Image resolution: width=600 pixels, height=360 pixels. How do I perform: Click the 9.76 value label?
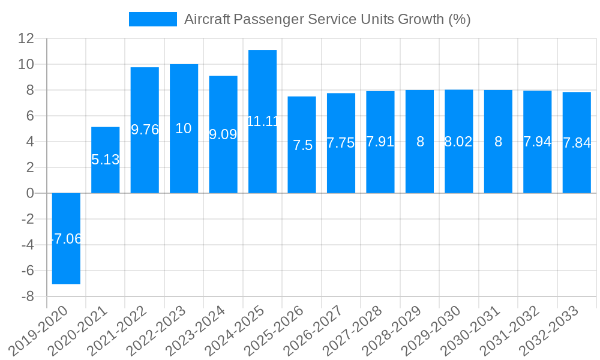click(x=145, y=130)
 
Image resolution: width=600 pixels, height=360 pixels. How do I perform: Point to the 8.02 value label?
click(x=458, y=142)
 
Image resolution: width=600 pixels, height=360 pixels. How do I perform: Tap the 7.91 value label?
click(x=380, y=142)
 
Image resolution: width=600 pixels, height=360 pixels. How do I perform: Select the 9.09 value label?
click(x=223, y=134)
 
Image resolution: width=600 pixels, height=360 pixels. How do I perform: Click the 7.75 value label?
click(x=341, y=143)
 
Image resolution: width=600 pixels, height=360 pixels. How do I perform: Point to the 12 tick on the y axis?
click(x=26, y=38)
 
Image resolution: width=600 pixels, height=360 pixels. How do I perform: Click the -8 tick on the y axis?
click(x=28, y=296)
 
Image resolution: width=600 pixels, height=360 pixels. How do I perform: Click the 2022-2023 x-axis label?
click(x=163, y=331)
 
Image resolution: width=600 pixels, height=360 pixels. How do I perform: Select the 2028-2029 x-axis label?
click(x=399, y=331)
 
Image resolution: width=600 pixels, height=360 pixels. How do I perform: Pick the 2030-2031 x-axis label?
click(x=478, y=331)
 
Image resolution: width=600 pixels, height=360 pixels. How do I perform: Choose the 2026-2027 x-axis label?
click(x=320, y=331)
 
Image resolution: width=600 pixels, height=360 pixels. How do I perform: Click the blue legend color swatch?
click(x=153, y=19)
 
